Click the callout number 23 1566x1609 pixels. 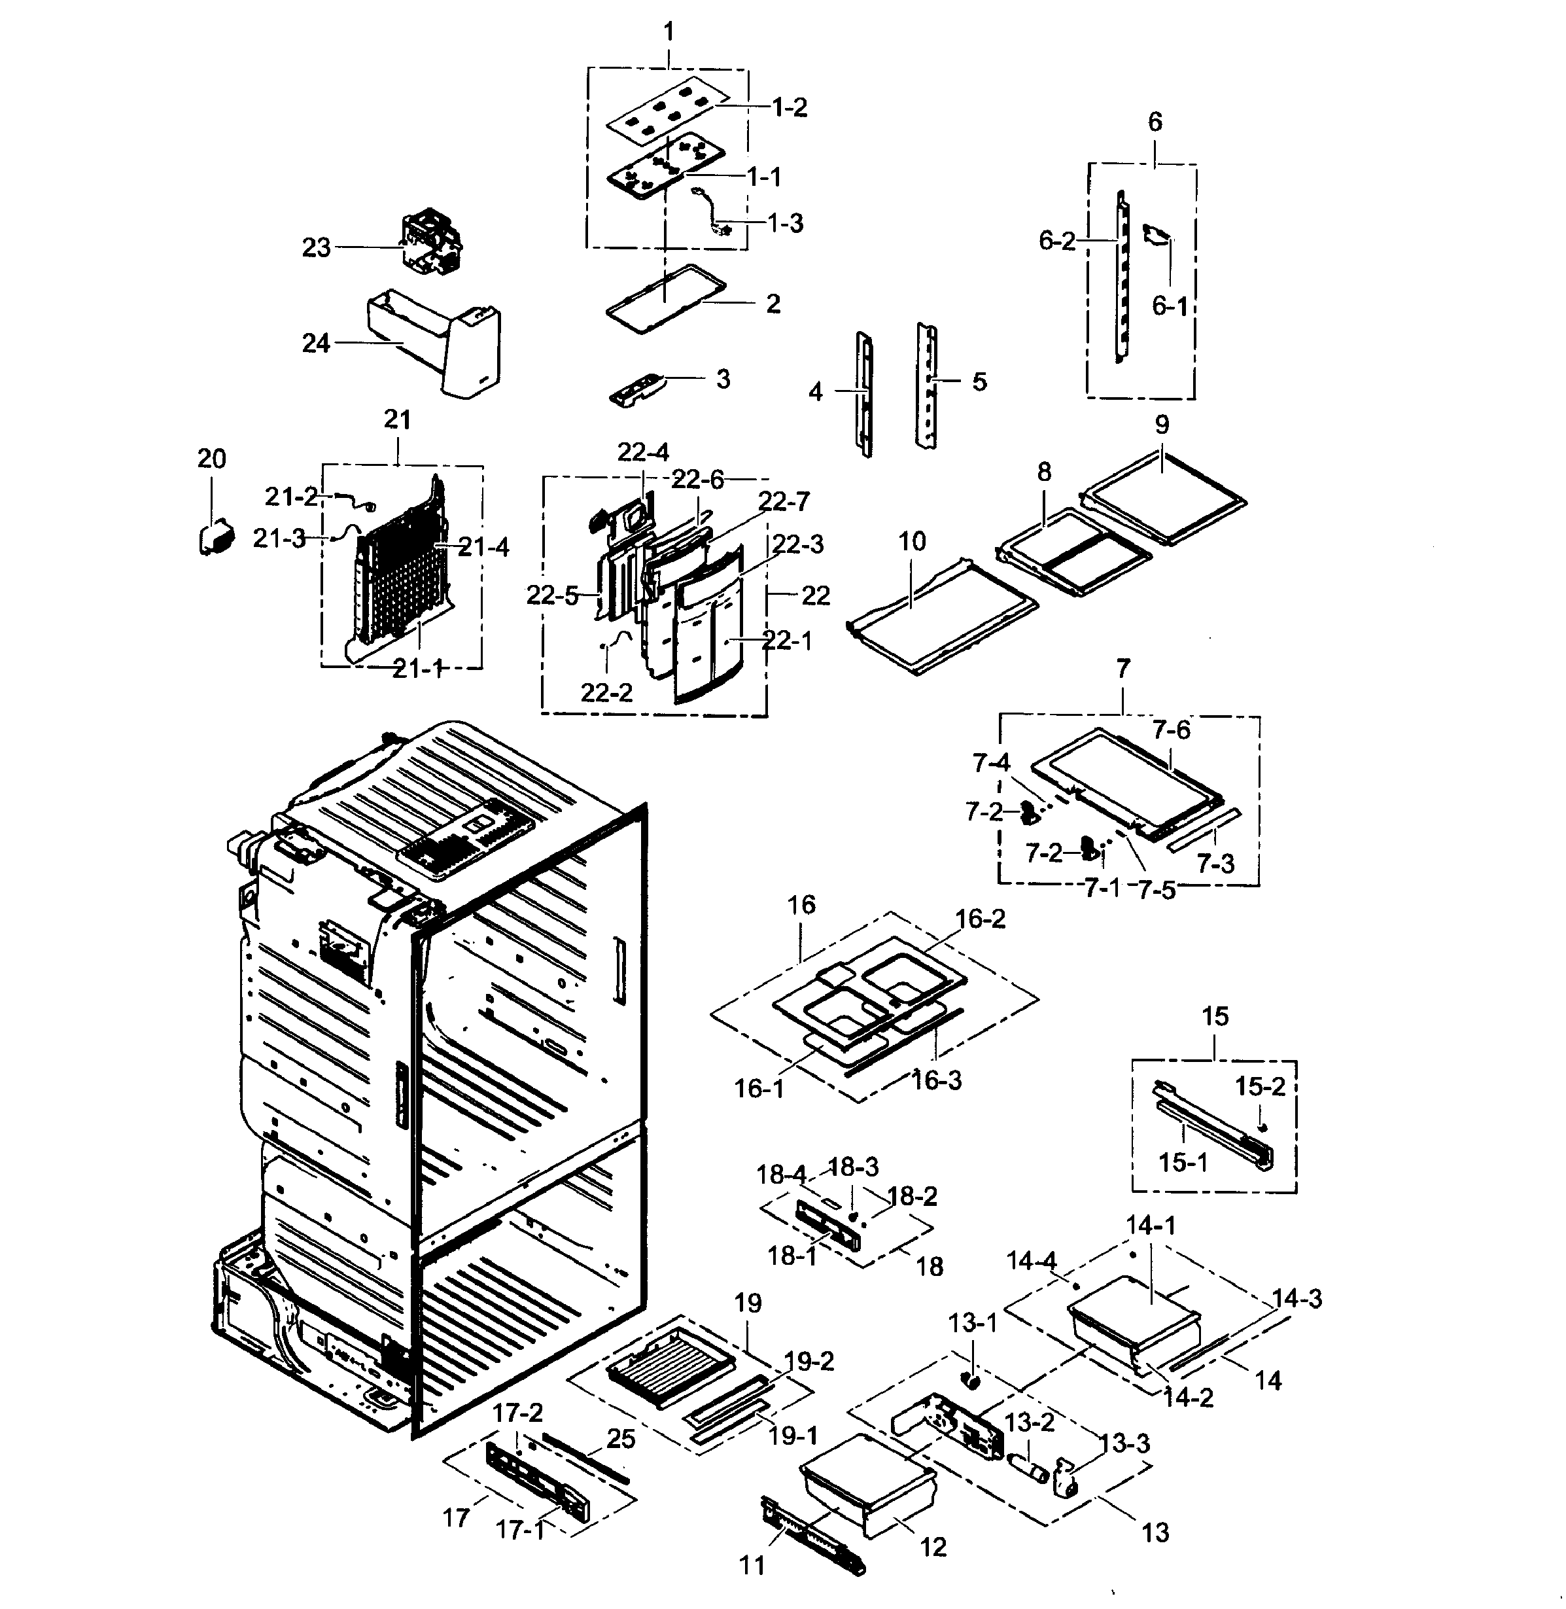[316, 247]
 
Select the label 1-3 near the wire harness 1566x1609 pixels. [785, 223]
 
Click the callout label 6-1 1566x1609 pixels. [1169, 306]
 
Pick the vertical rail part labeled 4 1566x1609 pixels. [863, 393]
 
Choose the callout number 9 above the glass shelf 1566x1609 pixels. [1161, 425]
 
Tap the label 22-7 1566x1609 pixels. [784, 501]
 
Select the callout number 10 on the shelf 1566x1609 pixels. [912, 541]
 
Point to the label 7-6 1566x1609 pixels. [1170, 730]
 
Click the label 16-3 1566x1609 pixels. [936, 1080]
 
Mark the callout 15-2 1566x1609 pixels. [1259, 1087]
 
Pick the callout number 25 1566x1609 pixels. [621, 1439]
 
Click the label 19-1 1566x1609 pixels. [792, 1436]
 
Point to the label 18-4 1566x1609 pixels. [780, 1175]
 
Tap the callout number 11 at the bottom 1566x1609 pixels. [752, 1565]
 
